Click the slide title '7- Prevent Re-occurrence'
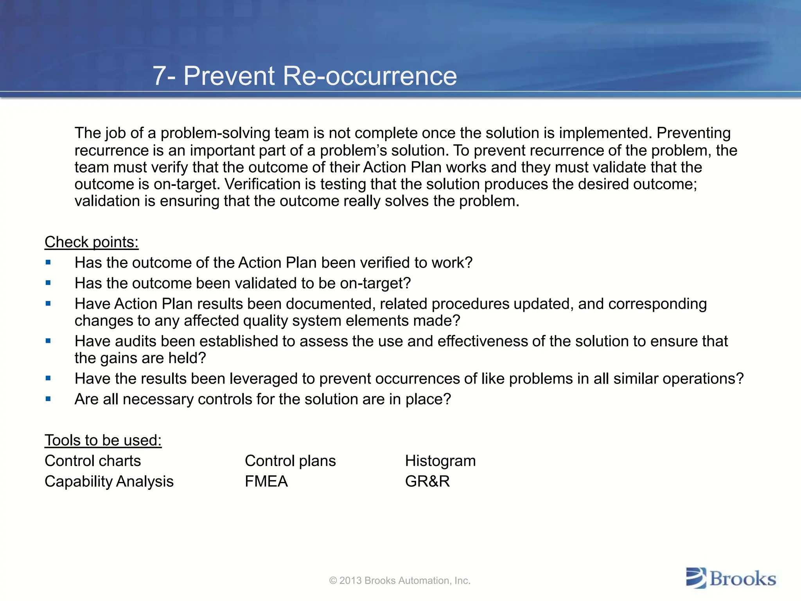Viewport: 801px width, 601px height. pyautogui.click(x=305, y=76)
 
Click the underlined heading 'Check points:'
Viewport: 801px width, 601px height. pyautogui.click(x=92, y=242)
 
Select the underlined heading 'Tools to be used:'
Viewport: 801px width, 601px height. pyautogui.click(x=103, y=440)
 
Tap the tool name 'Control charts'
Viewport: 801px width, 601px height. pyautogui.click(x=93, y=461)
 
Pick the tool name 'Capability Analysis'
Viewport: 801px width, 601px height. pyautogui.click(x=109, y=481)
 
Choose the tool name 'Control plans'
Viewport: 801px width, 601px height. pyautogui.click(x=290, y=461)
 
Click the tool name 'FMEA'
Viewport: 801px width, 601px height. pyautogui.click(x=266, y=481)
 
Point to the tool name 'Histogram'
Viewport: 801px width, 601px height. pyautogui.click(x=440, y=461)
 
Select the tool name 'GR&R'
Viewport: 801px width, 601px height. pyautogui.click(x=427, y=481)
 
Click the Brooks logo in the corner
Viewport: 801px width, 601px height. pyautogui.click(x=731, y=578)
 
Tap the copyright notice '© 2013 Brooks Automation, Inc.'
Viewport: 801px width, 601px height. pyautogui.click(x=400, y=581)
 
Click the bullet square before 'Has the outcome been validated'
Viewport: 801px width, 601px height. pyautogui.click(x=48, y=283)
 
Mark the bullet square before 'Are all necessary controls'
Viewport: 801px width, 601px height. pyautogui.click(x=48, y=399)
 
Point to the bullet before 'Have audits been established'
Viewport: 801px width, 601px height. pyautogui.click(x=48, y=341)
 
